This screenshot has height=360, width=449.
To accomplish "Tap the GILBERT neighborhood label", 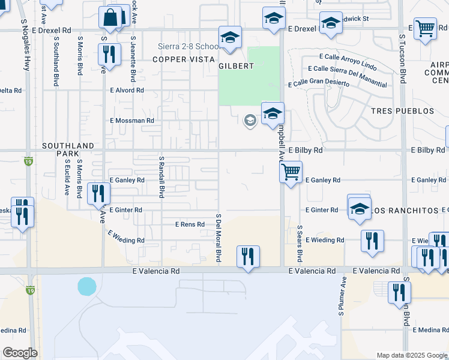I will pos(237,66).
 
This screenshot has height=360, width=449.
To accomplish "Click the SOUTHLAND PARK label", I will pos(68,150).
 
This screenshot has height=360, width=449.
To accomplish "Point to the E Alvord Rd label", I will pos(127,90).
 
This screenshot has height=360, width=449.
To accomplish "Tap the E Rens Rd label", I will pos(190,224).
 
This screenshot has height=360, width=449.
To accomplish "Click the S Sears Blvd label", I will pos(299,244).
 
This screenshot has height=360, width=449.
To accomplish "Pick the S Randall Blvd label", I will pos(161,177).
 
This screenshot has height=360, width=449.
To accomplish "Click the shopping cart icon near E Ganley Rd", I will pos(291,172).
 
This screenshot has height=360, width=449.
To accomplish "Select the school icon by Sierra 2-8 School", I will pos(230,38).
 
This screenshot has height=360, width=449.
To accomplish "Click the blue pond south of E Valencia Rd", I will pos(86,286).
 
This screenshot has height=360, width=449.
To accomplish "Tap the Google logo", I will pos(20,353).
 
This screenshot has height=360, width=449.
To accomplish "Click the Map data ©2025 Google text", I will pos(411,355).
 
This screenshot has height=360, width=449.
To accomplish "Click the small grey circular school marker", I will pos(250,121).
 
